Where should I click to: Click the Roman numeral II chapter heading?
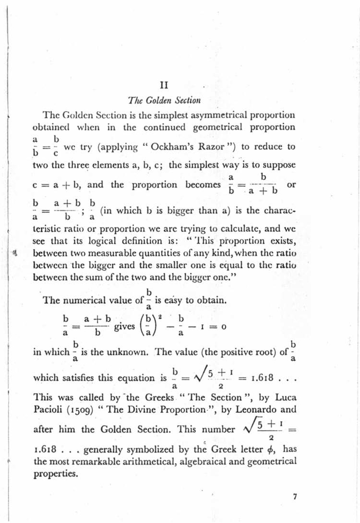point(164,85)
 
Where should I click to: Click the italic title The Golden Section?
point(164,101)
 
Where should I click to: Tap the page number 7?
point(295,497)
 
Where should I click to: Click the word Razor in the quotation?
point(211,146)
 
